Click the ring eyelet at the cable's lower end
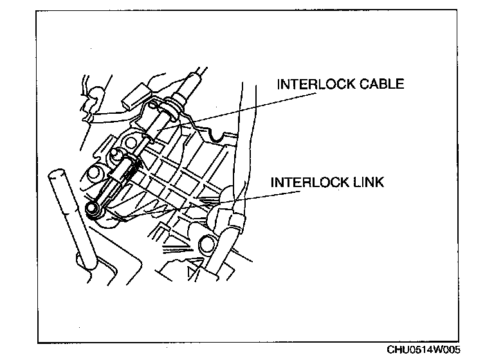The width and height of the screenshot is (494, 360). (92, 208)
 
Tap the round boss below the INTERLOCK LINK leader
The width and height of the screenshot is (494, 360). (207, 243)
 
